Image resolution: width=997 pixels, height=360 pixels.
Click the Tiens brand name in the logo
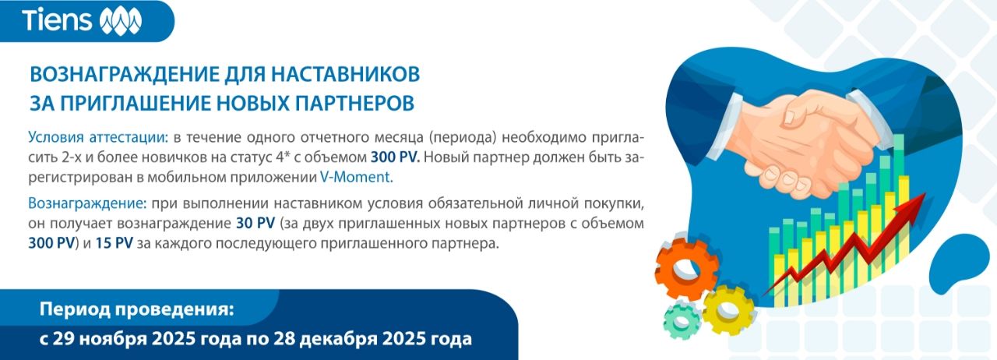pyautogui.click(x=57, y=19)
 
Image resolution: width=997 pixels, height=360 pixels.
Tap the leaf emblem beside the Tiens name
pyautogui.click(x=120, y=21)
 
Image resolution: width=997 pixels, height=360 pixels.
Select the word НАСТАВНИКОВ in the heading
pyautogui.click(x=345, y=74)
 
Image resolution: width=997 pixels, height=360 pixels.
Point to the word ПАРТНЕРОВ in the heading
pyautogui.click(x=354, y=103)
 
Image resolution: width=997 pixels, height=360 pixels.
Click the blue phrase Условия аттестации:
pyautogui.click(x=98, y=138)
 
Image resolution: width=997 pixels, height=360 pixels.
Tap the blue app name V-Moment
pyautogui.click(x=357, y=178)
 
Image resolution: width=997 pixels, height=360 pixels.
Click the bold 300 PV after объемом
pyautogui.click(x=395, y=157)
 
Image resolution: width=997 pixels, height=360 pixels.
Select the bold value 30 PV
pyautogui.click(x=255, y=223)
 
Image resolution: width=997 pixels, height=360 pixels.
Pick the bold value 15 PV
pyautogui.click(x=114, y=243)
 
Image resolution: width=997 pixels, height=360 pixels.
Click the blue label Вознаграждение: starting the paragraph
pyautogui.click(x=87, y=203)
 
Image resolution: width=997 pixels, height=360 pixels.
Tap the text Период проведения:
pyautogui.click(x=136, y=309)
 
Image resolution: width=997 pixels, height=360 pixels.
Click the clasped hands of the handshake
pyautogui.click(x=815, y=143)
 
